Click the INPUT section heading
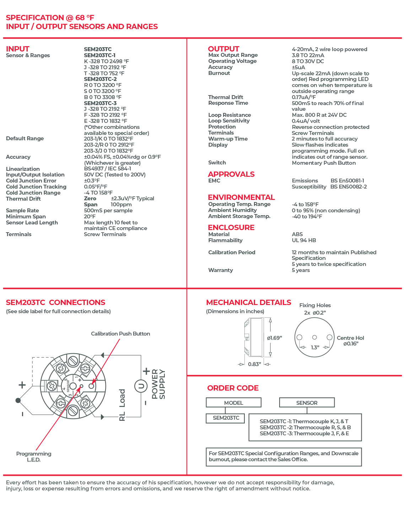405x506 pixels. click(18, 49)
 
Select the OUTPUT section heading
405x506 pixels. click(223, 49)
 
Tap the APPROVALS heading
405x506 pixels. click(231, 174)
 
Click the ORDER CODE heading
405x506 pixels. click(233, 388)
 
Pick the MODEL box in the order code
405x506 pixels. click(233, 403)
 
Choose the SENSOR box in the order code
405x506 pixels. click(307, 403)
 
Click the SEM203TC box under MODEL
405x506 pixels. click(226, 418)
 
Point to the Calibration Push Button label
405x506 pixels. click(120, 334)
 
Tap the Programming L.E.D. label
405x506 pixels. click(34, 457)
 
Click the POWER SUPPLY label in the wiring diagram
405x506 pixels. click(158, 384)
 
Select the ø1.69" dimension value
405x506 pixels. click(275, 338)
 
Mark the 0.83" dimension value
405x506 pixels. click(254, 364)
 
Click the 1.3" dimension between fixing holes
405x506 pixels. click(315, 347)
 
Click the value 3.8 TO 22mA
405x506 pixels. click(308, 55)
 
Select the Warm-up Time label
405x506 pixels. click(228, 139)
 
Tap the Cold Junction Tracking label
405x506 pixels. click(36, 187)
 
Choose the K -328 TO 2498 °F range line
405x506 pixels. click(106, 61)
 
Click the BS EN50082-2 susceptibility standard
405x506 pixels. click(349, 187)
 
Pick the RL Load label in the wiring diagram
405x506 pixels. click(122, 405)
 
